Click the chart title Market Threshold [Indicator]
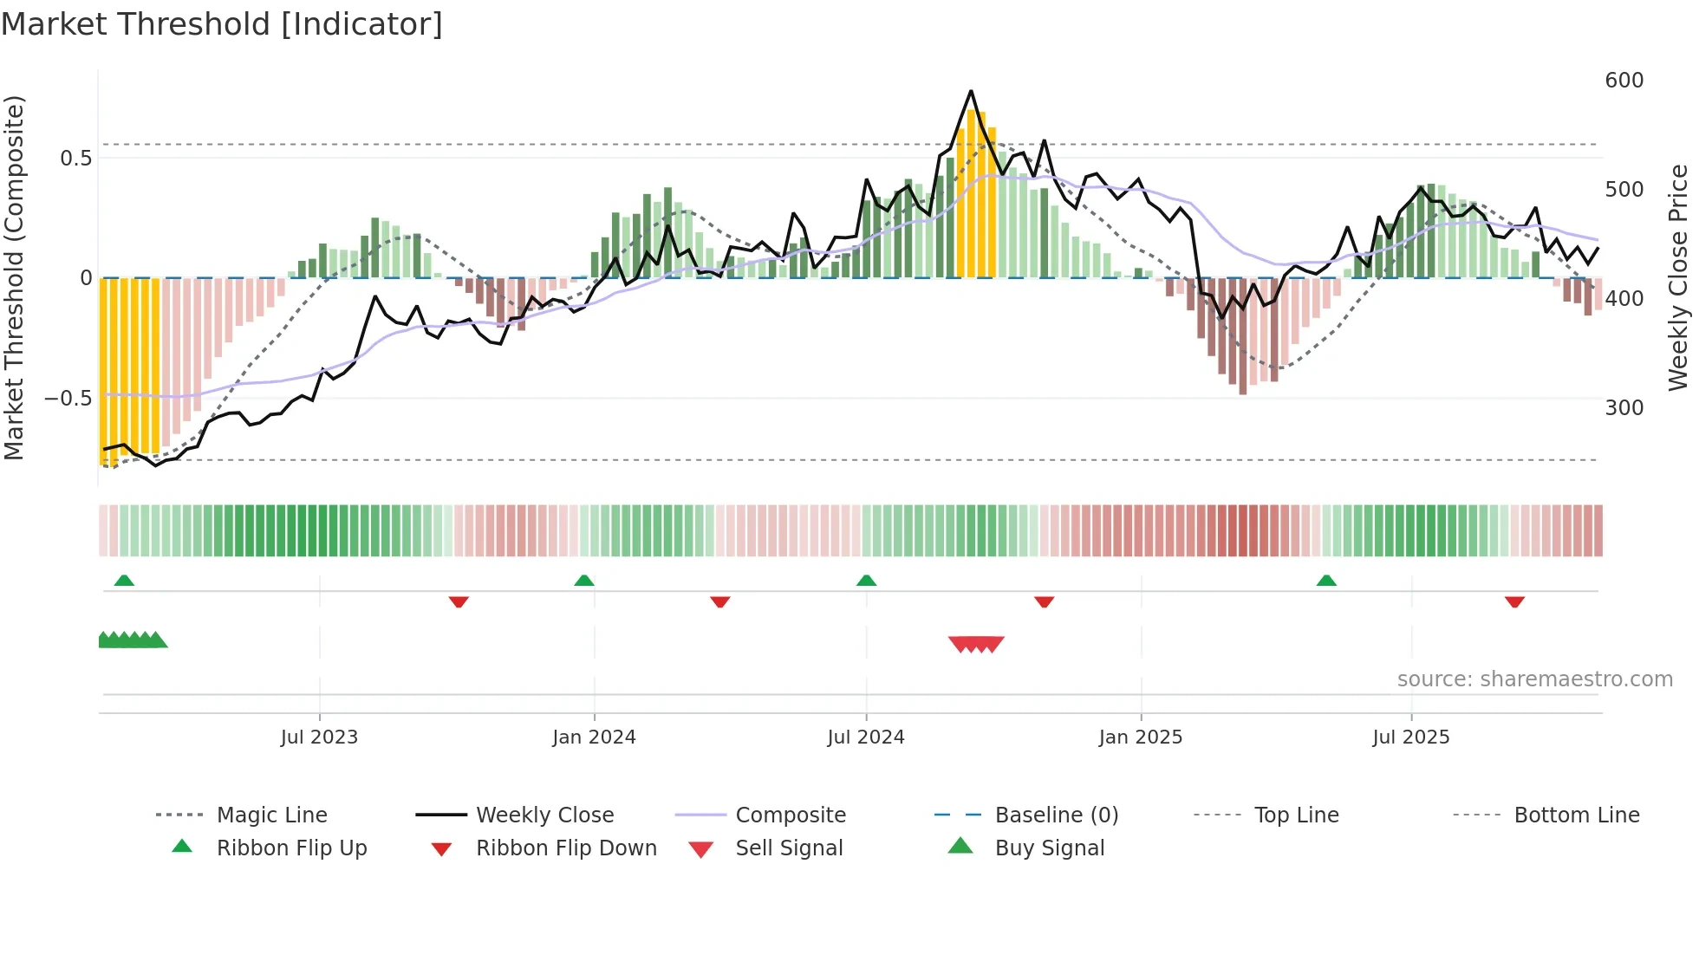pos(222,24)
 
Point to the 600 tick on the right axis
pos(1624,81)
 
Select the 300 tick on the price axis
pos(1624,408)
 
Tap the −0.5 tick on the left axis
pos(68,399)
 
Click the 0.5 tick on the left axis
pos(75,159)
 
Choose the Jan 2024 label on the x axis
pos(594,737)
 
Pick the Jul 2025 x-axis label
pos(1410,737)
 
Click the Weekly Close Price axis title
pos(1678,277)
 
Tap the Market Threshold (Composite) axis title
pos(15,277)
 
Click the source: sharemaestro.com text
pos(1534,679)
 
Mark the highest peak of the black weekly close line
pos(971,91)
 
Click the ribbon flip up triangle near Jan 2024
pos(584,581)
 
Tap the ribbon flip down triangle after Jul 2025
pos(1514,601)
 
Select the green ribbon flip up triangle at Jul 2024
pos(866,581)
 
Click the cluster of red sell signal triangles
pos(976,644)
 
